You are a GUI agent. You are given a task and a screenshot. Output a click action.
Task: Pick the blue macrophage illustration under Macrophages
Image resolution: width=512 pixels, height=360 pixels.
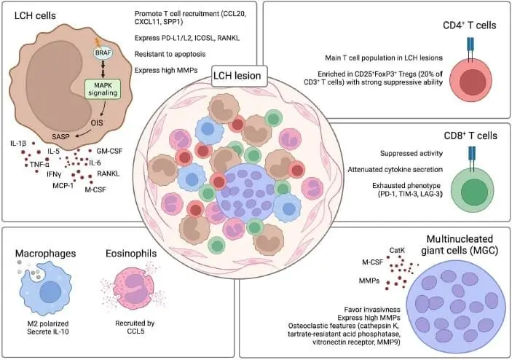(x=49, y=290)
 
